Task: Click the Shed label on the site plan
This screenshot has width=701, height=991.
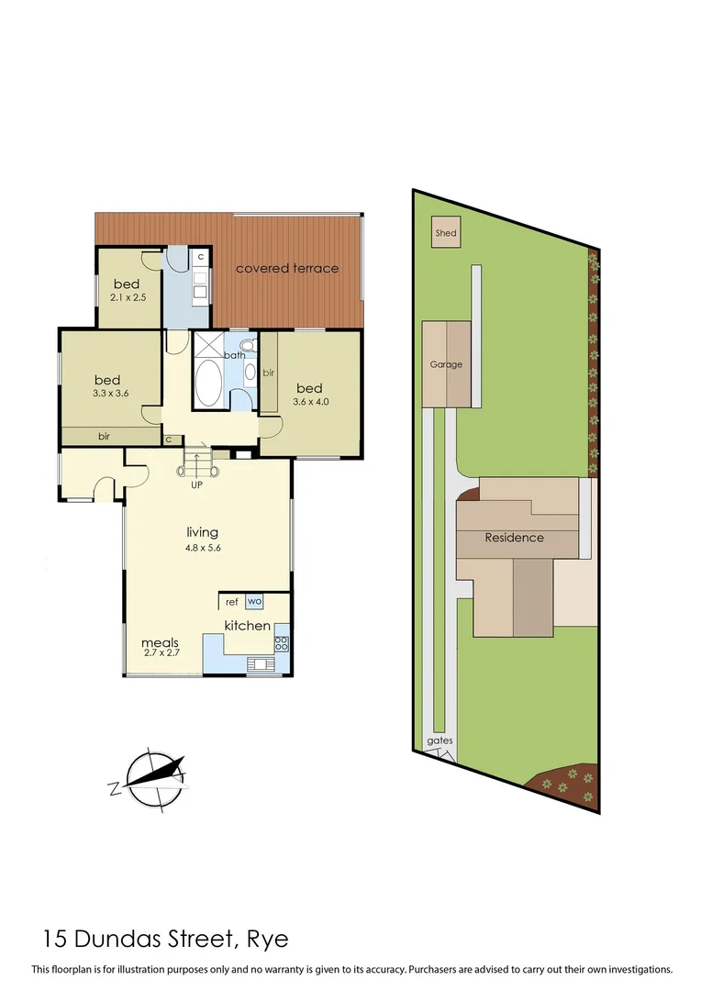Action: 445,234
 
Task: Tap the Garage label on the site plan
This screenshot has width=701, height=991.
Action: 446,364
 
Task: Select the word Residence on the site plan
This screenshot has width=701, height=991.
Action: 514,538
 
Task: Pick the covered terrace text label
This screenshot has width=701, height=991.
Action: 287,268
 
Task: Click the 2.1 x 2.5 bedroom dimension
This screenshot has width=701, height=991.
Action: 129,296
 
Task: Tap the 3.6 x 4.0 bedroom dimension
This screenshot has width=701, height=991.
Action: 310,401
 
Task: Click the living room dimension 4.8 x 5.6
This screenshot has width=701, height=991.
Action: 202,548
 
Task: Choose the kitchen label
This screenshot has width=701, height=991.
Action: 248,626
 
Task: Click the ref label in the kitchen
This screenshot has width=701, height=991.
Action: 231,602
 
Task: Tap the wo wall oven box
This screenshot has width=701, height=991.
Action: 254,602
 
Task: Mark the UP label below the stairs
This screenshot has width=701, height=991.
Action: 196,484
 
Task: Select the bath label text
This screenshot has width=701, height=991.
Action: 236,355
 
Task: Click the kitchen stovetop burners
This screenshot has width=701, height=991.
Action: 282,643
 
